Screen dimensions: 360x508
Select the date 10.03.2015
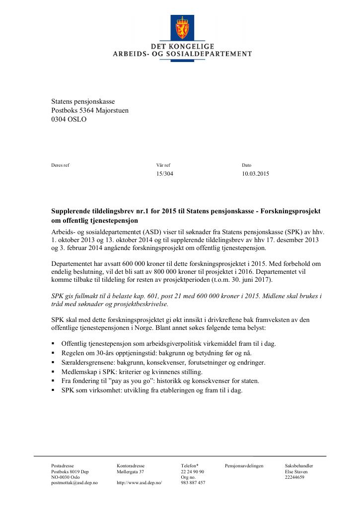point(255,174)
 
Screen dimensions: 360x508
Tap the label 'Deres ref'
point(61,165)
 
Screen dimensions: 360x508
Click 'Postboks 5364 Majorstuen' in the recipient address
point(90,111)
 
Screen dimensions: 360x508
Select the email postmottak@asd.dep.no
point(74,483)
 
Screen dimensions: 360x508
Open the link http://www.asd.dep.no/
point(140,483)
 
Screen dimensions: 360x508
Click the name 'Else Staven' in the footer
point(296,472)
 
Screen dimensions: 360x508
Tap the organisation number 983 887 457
point(193,483)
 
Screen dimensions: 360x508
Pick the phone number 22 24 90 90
point(193,472)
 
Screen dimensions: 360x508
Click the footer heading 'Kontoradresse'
point(131,466)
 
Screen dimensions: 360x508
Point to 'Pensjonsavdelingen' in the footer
point(244,466)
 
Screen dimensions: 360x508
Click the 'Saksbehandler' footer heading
point(299,466)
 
